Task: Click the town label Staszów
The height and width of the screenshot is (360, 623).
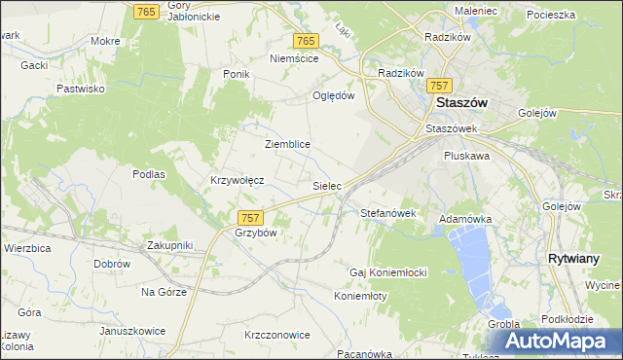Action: click(x=462, y=102)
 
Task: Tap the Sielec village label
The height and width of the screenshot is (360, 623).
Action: click(x=325, y=184)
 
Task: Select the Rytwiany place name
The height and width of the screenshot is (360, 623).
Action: click(x=578, y=259)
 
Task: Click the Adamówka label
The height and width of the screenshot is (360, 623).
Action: click(x=465, y=220)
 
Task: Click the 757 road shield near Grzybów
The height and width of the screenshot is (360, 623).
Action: click(x=250, y=217)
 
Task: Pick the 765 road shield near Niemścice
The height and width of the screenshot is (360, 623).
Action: click(x=306, y=41)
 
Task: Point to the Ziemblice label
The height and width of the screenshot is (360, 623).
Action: click(x=287, y=144)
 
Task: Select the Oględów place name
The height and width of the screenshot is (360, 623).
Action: click(x=332, y=95)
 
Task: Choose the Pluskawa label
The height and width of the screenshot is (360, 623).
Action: click(x=466, y=156)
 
